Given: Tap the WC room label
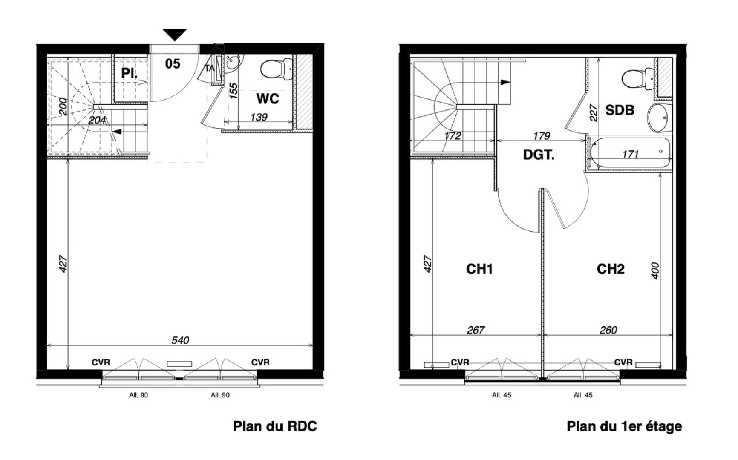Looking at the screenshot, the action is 268,99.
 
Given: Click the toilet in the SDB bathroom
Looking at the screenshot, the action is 634,78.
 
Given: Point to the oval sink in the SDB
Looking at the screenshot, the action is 658,118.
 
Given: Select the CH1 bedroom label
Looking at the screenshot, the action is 479,269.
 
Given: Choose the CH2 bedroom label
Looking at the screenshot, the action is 611,269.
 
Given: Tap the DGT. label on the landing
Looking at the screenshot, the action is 539,155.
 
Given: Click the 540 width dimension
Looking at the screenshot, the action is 180,340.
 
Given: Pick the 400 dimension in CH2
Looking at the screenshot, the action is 655,271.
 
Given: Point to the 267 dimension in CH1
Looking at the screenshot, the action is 476,330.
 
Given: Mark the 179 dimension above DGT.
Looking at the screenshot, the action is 542,136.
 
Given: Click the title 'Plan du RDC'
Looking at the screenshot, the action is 275,426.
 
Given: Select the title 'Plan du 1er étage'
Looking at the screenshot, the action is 624,426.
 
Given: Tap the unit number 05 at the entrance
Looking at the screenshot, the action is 173,64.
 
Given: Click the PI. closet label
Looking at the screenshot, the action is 129,73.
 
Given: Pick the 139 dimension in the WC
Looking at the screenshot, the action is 259,116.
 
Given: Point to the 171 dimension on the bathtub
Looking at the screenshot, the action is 630,154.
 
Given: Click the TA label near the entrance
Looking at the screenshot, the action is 210,68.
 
